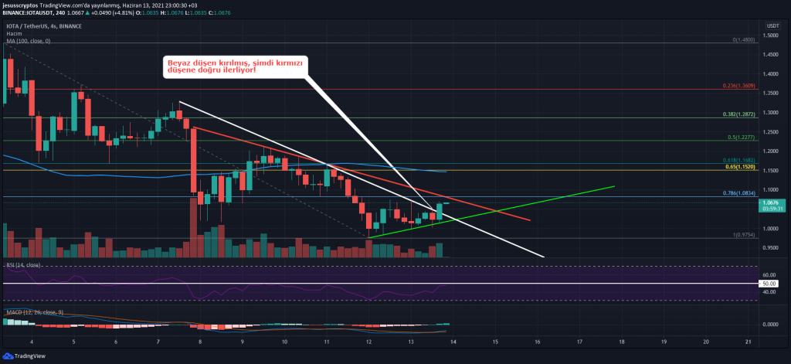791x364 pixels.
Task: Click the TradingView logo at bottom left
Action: pyautogui.click(x=29, y=357)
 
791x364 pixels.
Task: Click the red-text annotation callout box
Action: pyautogui.click(x=232, y=66)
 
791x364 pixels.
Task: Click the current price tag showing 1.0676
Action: pyautogui.click(x=773, y=203)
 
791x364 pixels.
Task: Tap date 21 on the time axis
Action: pyautogui.click(x=749, y=341)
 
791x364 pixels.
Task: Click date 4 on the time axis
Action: pyautogui.click(x=32, y=341)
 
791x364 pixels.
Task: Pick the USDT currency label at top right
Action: pyautogui.click(x=772, y=25)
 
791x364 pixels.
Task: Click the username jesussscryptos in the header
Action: pyautogui.click(x=24, y=5)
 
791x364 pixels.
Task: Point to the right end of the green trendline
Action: pyautogui.click(x=614, y=186)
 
